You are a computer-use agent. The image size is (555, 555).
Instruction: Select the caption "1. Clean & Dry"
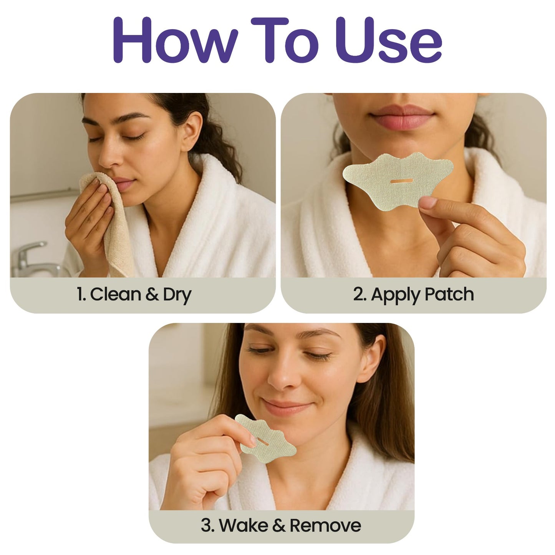click(x=134, y=295)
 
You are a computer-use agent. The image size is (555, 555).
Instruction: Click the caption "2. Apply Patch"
click(x=413, y=295)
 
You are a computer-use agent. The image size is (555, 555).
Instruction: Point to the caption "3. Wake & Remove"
click(x=281, y=525)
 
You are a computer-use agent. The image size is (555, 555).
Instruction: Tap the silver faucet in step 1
click(x=29, y=257)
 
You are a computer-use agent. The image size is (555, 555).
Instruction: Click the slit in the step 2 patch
click(x=401, y=181)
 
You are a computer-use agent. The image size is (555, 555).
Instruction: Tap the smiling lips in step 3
click(x=286, y=406)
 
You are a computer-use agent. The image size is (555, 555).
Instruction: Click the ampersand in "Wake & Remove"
click(x=278, y=526)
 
